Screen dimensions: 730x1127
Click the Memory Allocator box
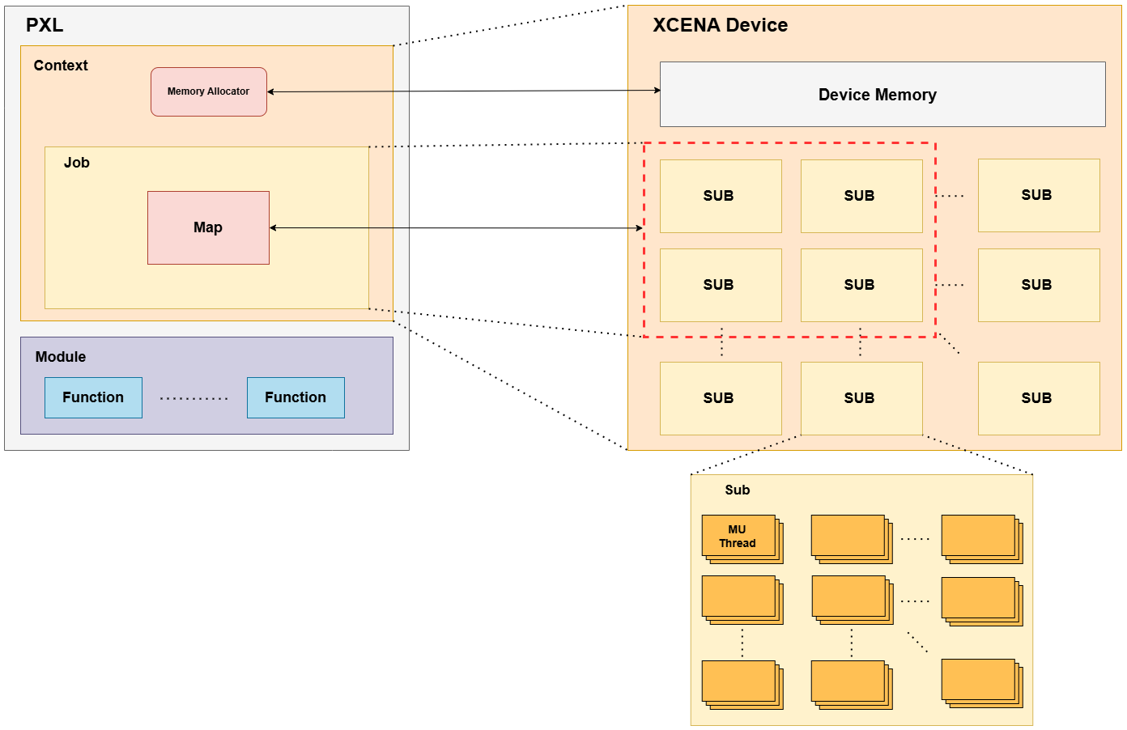click(x=209, y=91)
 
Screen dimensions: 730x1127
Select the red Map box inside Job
click(x=208, y=227)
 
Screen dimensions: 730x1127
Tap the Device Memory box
click(x=882, y=95)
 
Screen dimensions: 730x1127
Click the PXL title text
click(x=45, y=25)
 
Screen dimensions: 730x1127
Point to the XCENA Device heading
click(x=720, y=25)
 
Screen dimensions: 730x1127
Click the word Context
click(x=61, y=66)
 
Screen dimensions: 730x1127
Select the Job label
click(x=77, y=163)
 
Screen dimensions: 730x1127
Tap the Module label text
click(x=61, y=357)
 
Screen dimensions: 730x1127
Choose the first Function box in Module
click(x=93, y=397)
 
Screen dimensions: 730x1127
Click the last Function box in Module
click(x=296, y=397)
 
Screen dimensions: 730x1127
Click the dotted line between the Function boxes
click(x=194, y=398)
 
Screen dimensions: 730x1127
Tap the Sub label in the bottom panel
click(x=737, y=490)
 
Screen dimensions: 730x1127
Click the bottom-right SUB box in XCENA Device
click(x=1039, y=398)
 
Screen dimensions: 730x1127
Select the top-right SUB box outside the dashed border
click(x=1039, y=195)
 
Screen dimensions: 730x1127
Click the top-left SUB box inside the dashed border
click(x=721, y=196)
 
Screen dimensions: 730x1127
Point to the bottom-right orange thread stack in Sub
click(x=980, y=681)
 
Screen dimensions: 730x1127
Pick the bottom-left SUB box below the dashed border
click(x=721, y=398)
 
